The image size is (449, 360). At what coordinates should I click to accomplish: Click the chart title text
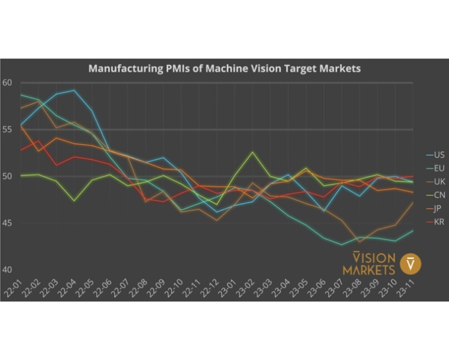click(x=224, y=69)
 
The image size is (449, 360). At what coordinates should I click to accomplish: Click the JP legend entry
click(x=438, y=209)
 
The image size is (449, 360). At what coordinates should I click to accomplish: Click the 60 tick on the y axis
click(x=7, y=83)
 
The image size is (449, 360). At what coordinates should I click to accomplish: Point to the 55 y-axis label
click(x=7, y=129)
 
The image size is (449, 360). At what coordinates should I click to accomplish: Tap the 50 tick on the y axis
click(x=7, y=176)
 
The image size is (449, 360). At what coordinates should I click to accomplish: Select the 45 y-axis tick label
click(x=7, y=223)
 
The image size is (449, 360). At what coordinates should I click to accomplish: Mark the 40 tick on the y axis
click(x=7, y=270)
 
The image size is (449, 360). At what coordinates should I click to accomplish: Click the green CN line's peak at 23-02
click(x=253, y=152)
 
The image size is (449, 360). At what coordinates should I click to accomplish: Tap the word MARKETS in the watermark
click(x=369, y=270)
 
